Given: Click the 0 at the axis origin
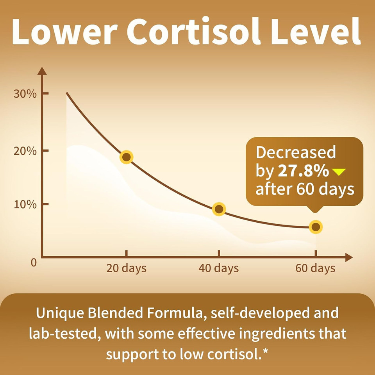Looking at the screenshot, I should (34, 262).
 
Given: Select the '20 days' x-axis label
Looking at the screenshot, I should (126, 268).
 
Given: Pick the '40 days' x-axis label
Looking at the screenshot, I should (218, 268).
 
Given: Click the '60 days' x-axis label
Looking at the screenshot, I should (315, 268).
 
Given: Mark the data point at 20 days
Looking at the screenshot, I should (126, 157).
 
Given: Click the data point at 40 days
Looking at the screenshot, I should (219, 209).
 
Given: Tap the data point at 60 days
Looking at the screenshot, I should (316, 227).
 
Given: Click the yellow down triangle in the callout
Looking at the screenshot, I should (338, 171).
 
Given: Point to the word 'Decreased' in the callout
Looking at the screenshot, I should (296, 152).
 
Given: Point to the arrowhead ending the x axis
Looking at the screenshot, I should (349, 257).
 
